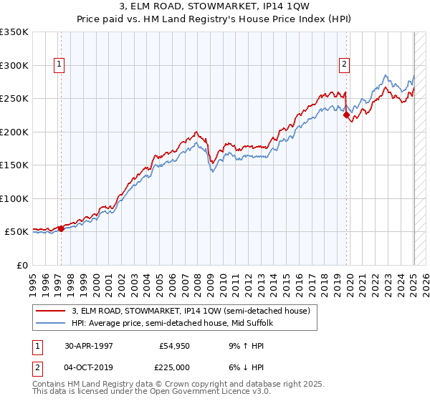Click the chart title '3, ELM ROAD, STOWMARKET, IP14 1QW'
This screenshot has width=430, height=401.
(215, 8)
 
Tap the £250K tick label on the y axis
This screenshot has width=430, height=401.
(14, 99)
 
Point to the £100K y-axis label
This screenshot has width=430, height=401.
(14, 198)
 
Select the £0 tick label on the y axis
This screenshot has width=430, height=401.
(22, 265)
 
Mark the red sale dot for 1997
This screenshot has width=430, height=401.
(61, 229)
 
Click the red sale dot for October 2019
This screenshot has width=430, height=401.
(346, 115)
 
